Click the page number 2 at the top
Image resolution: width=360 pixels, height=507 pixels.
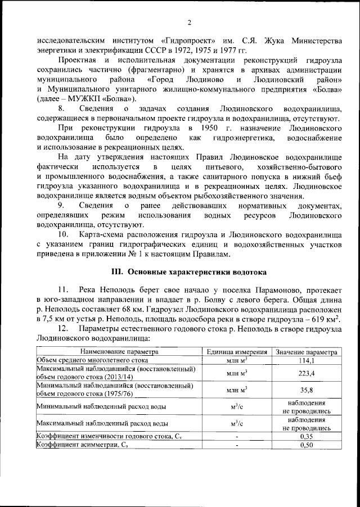(x=190, y=22)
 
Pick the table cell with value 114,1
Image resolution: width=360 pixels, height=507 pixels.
(x=306, y=360)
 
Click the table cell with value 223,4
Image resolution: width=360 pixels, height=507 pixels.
(x=306, y=373)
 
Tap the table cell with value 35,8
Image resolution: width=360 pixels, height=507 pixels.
(x=306, y=390)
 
